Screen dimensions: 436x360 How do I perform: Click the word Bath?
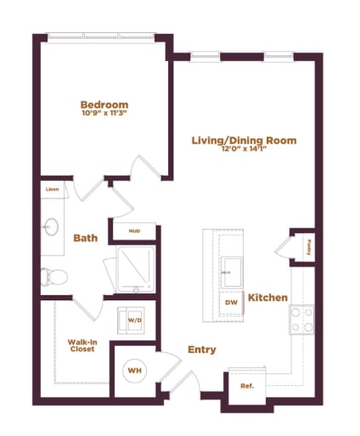coord(86,238)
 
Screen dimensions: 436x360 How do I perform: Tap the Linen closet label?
coord(52,190)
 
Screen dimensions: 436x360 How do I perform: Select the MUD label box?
coord(133,231)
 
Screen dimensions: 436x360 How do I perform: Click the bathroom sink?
coord(50,226)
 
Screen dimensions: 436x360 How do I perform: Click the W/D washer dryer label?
coord(135,320)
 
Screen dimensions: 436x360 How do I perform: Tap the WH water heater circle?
coord(133,370)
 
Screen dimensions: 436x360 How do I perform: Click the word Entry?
coord(201,349)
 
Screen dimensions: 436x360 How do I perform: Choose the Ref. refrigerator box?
coord(247,386)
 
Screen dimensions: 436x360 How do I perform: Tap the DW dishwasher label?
coord(230,302)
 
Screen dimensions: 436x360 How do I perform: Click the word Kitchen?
coord(269,297)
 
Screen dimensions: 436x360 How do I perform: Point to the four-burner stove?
coord(301,320)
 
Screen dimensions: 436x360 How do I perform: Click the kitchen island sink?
coord(230,271)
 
